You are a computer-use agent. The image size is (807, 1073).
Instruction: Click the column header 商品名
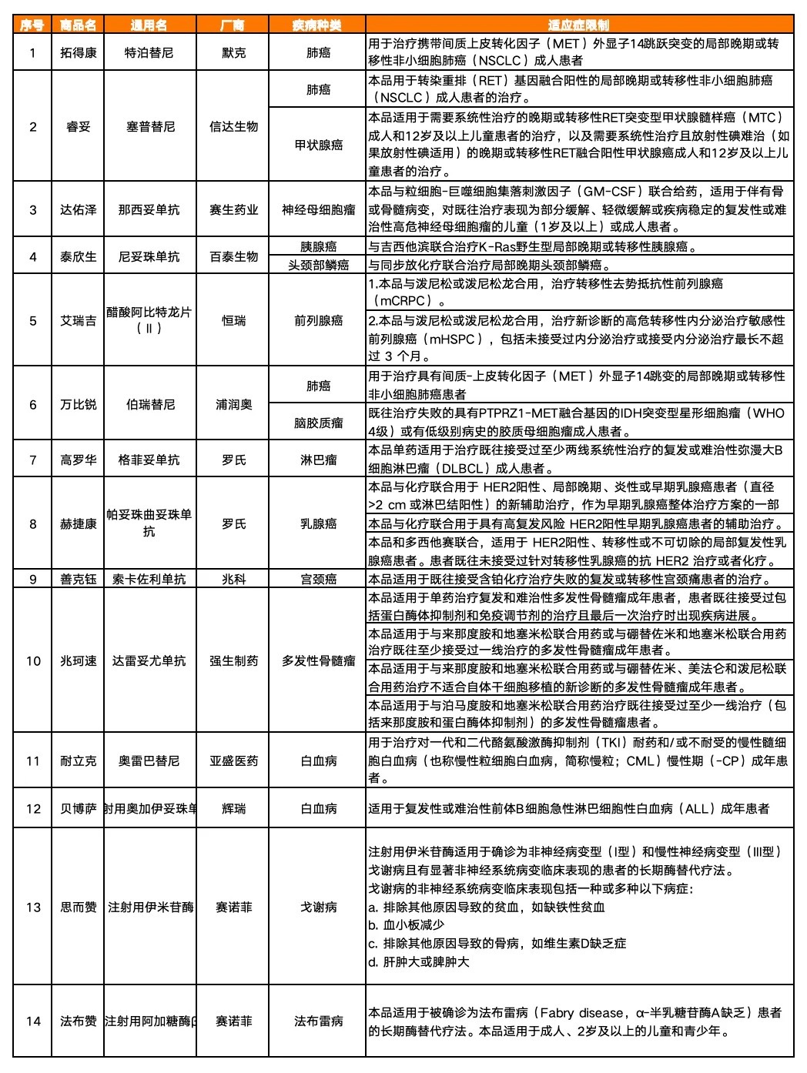(79, 25)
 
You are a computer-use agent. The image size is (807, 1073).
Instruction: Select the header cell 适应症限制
(579, 25)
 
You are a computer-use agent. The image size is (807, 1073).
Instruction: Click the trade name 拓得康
(79, 53)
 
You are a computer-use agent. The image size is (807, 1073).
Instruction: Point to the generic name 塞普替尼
(150, 126)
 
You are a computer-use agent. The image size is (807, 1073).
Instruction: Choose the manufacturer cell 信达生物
(233, 126)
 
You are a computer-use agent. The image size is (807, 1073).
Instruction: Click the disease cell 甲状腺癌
(318, 144)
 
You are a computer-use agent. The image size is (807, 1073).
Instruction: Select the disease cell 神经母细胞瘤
(318, 209)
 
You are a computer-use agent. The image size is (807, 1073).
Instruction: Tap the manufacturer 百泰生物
(233, 256)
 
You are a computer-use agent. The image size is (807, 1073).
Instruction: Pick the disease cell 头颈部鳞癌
(318, 265)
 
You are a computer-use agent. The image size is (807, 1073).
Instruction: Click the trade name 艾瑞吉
(79, 320)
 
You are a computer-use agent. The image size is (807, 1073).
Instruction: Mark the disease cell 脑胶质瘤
(318, 423)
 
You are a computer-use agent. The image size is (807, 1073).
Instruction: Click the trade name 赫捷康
(79, 523)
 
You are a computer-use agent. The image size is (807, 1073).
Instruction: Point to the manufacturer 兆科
(233, 579)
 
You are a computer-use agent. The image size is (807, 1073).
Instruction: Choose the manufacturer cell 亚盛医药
(233, 760)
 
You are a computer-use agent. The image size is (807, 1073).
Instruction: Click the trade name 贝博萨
(79, 808)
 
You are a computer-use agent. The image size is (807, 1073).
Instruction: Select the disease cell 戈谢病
(318, 907)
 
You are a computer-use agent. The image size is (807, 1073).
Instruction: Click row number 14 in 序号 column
(33, 1021)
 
